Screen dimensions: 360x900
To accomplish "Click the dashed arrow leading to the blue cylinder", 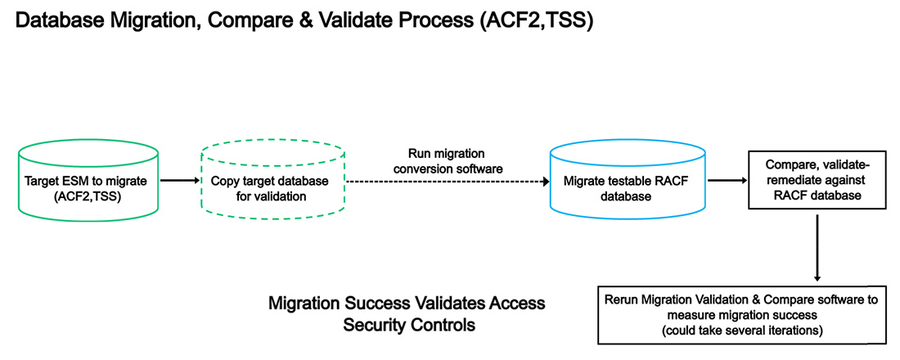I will [446, 181].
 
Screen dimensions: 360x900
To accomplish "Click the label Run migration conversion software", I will [448, 161].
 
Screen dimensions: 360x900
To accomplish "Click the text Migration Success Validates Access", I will [407, 304].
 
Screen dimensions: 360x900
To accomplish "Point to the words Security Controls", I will [407, 325].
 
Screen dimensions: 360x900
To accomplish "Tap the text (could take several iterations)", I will [741, 330].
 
